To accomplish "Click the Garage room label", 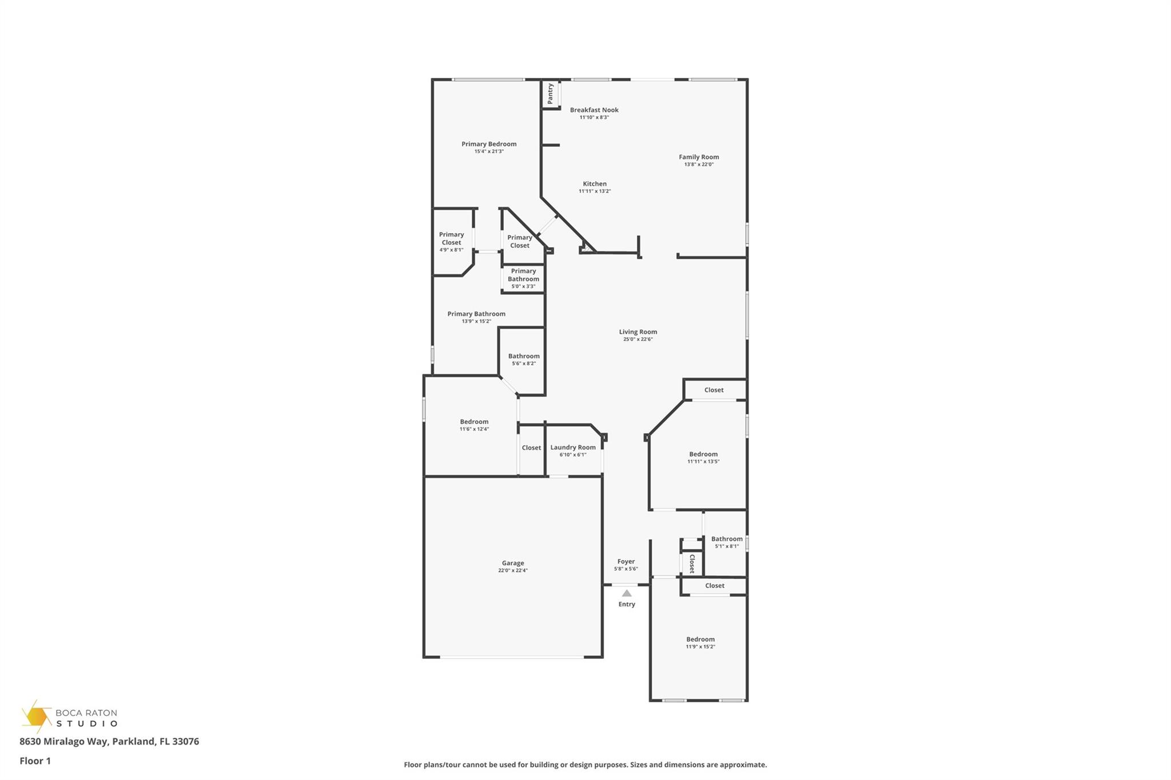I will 513,563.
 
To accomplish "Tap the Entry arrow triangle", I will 627,593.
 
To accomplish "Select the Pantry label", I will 550,94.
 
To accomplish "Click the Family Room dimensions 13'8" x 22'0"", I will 699,165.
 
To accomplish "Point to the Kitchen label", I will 595,184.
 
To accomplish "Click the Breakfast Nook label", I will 594,110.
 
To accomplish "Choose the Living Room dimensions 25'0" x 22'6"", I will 638,339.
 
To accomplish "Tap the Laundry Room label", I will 573,447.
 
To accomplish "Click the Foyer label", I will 626,561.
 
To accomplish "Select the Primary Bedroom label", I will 489,144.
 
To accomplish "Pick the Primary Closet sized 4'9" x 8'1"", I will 451,242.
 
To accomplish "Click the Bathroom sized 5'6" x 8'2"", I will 524,359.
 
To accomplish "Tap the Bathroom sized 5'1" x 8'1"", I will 727,542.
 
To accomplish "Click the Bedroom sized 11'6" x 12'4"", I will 474,425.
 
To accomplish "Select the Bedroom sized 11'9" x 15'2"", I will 700,642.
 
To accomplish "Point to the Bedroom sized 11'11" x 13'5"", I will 703,457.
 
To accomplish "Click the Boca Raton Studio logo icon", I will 36,717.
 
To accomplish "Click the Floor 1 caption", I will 35,761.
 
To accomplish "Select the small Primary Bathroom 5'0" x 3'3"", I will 523,278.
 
